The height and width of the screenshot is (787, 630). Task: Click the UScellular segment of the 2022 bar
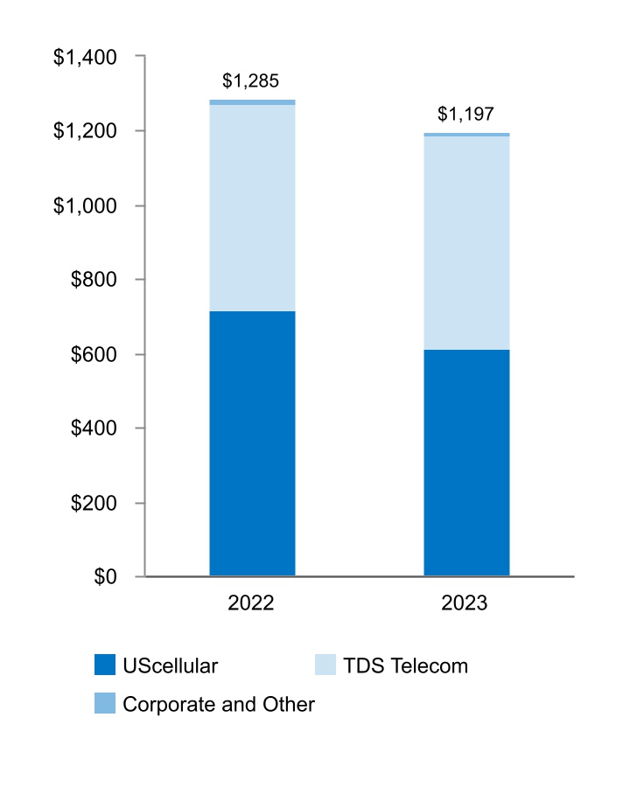pos(252,443)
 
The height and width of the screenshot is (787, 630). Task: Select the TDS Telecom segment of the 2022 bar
pos(252,207)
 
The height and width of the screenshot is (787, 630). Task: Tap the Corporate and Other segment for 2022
pos(252,102)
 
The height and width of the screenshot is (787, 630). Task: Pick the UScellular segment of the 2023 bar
pos(466,463)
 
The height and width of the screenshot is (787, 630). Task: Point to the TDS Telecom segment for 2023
pos(466,242)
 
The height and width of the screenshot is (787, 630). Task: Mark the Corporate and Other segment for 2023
pos(466,135)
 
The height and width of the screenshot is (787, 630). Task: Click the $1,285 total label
pos(251,81)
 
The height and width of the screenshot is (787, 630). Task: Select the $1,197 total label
pos(465,114)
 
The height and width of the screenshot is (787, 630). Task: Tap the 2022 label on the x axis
pos(251,603)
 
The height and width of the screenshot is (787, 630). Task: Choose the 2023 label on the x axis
pos(465,603)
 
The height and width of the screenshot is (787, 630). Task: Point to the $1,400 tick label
pos(85,57)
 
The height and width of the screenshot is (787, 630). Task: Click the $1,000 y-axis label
pos(85,205)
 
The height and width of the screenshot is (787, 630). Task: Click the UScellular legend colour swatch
pos(105,665)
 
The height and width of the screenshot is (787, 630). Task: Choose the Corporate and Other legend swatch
pos(105,704)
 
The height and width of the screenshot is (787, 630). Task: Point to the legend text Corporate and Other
pos(219,704)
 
